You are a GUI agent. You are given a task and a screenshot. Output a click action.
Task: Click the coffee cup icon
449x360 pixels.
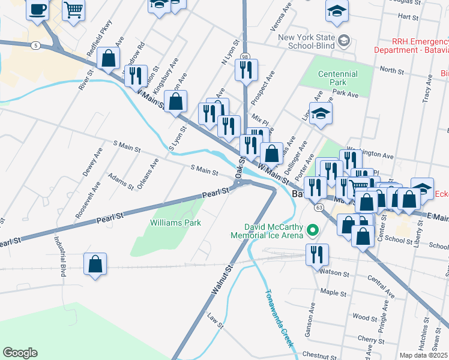38,10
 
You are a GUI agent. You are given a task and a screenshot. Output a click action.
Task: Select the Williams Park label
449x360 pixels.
175,223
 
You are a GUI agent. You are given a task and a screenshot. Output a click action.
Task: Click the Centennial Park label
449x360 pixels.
337,78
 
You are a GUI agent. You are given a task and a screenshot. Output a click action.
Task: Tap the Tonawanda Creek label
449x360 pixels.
277,319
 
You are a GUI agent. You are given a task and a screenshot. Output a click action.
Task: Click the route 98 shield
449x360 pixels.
245,56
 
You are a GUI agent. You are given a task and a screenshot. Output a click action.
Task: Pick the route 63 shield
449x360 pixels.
316,207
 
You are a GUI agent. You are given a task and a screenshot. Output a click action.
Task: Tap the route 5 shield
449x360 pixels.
37,46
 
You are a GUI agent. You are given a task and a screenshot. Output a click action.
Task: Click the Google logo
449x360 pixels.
20,353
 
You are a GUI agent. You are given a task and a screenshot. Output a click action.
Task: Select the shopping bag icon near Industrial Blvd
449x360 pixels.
95,263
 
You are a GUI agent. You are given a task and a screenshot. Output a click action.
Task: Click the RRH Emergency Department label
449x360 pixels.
412,47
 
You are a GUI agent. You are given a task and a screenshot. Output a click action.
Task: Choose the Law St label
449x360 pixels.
215,321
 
